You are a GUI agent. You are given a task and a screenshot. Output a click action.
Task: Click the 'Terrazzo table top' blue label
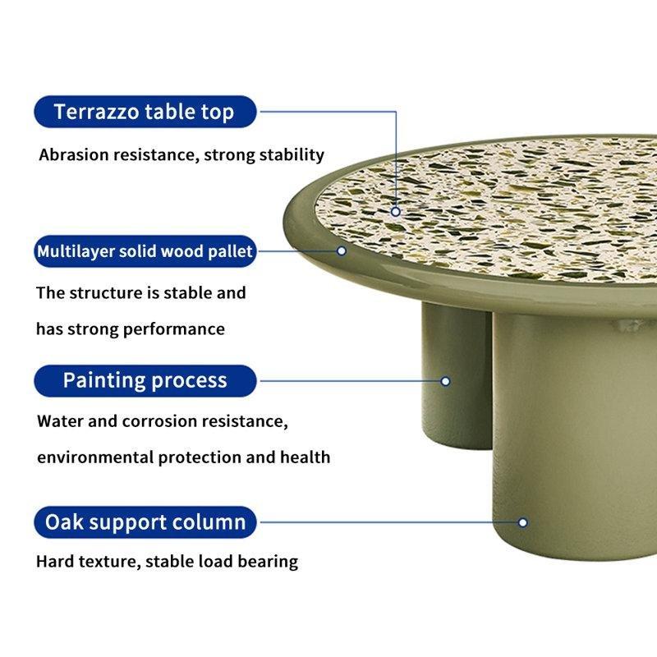pos(145,112)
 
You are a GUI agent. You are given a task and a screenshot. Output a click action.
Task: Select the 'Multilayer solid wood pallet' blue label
pos(145,251)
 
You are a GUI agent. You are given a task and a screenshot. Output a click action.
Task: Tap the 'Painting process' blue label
pos(145,380)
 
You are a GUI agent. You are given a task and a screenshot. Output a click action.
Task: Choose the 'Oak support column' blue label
pos(145,521)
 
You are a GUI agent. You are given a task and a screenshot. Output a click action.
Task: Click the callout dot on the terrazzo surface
pos(396,211)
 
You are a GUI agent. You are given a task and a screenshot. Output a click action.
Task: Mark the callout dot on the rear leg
pos(446,381)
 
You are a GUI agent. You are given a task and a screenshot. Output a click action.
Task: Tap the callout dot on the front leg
pos(522,522)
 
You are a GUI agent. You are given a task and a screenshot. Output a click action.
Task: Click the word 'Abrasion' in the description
pos(74,154)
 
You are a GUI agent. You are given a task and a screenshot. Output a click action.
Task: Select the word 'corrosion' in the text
pos(159,421)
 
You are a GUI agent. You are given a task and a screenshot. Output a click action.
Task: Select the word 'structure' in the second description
pos(103,292)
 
